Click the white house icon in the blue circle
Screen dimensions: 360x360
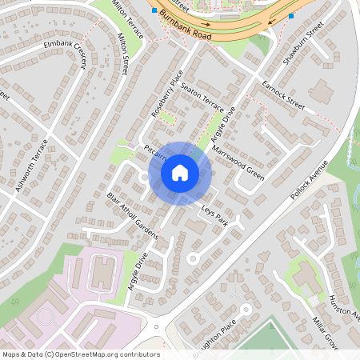point(179,171)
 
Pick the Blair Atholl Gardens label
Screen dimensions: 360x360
point(132,215)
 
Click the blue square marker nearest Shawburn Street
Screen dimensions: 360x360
point(290,15)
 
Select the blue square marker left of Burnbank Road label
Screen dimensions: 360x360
point(154,11)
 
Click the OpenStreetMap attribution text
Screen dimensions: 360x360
point(80,354)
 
